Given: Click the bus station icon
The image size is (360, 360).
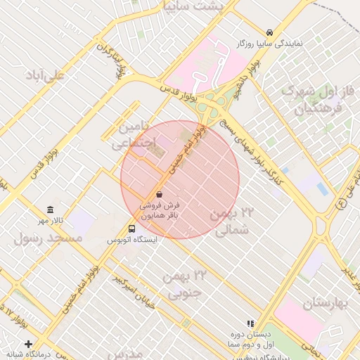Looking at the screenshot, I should [132, 229].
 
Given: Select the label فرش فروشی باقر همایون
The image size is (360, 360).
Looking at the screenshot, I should [159, 210].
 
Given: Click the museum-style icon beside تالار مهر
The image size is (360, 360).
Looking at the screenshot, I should [50, 210].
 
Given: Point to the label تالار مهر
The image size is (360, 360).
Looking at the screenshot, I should [51, 221].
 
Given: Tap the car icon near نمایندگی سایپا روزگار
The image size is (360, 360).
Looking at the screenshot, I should [269, 32].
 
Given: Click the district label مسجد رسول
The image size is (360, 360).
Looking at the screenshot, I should [48, 238].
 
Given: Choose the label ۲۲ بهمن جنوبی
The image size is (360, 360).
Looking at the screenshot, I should [183, 284].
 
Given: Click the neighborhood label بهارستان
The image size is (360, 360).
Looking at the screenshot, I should [327, 304].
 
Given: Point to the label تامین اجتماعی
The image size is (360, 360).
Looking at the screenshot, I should [127, 136].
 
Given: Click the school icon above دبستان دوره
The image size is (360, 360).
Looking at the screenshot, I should [250, 324].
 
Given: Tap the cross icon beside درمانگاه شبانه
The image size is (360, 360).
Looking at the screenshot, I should [28, 345].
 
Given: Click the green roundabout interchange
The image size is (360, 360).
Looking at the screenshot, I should [212, 107].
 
